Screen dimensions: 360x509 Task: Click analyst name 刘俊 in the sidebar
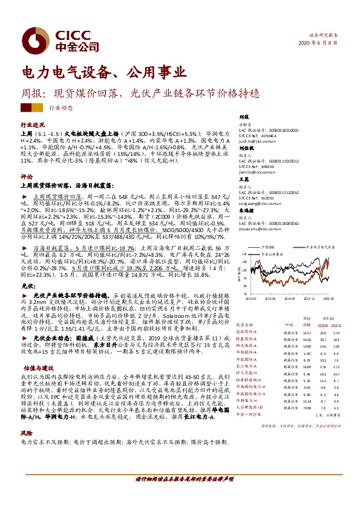244,117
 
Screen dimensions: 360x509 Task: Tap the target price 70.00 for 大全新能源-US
306,407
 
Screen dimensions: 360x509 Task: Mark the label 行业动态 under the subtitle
61,108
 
